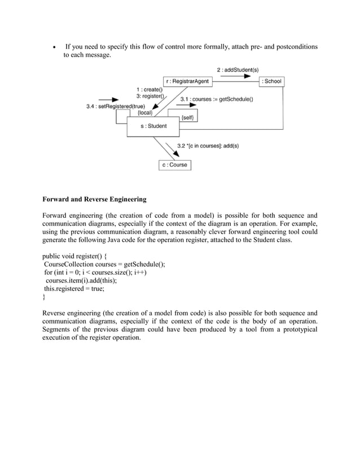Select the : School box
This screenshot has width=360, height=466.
(x=271, y=81)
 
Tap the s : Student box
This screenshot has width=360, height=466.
(x=153, y=126)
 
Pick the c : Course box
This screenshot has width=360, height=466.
(x=174, y=165)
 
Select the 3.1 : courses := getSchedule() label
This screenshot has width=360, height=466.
(x=216, y=99)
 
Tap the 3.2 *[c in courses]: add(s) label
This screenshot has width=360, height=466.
(x=208, y=146)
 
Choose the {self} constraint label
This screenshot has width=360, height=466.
(x=188, y=117)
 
